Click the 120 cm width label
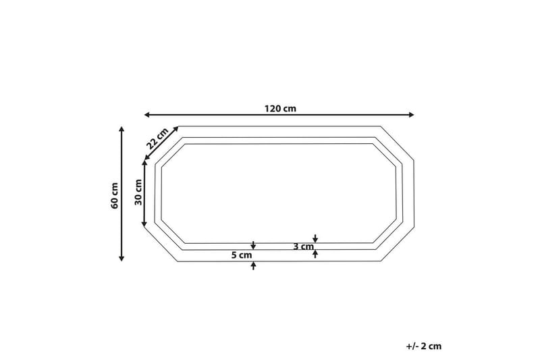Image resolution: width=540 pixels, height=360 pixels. (280, 108)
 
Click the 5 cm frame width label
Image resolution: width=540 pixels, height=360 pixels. (242, 255)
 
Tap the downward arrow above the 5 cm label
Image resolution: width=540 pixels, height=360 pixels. (253, 245)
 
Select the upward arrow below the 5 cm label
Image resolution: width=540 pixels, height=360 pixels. (253, 266)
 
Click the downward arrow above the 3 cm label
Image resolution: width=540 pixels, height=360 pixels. (315, 238)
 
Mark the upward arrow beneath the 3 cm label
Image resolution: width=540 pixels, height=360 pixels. (315, 255)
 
